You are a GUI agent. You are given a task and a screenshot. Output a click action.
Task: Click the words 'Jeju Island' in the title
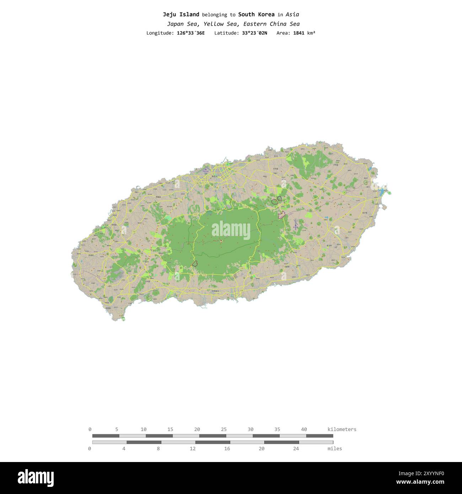[x=181, y=15]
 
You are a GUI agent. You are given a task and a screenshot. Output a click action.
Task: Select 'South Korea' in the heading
[x=256, y=15]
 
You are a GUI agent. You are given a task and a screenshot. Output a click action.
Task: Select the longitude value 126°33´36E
[x=190, y=33]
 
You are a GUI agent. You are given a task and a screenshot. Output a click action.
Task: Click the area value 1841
[x=299, y=33]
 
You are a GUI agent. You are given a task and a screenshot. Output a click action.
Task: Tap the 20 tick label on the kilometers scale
[x=197, y=429]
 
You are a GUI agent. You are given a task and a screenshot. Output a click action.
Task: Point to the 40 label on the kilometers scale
[x=304, y=429]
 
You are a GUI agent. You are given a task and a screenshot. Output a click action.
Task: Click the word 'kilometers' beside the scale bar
[x=342, y=429]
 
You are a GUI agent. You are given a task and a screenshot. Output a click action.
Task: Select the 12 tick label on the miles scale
[x=193, y=449]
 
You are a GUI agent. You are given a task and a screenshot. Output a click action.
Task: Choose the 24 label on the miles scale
[x=296, y=449]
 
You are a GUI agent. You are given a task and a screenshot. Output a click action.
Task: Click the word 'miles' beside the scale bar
[x=334, y=449]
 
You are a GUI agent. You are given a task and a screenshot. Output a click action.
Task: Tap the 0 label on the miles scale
[x=90, y=449]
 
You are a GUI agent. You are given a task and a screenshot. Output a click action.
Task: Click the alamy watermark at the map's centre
[x=231, y=230]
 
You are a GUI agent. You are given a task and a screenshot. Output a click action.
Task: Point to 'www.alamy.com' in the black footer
[x=420, y=482]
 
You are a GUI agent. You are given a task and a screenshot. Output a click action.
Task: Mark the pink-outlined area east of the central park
[x=282, y=214]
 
